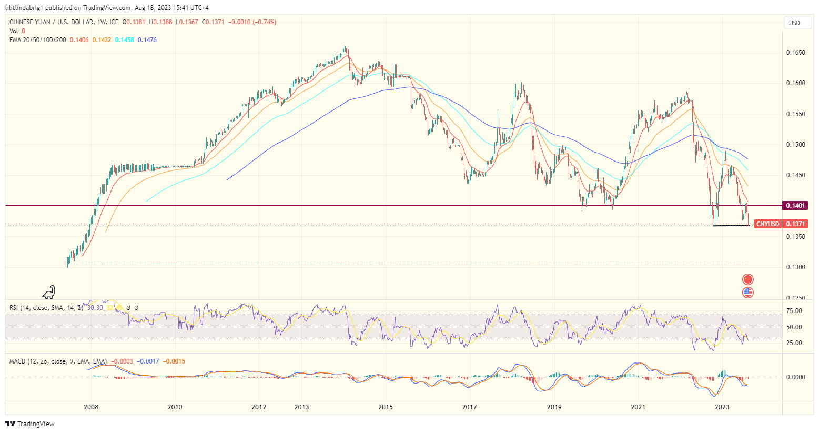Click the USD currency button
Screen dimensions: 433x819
tap(794, 23)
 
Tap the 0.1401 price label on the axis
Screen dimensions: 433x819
tap(795, 205)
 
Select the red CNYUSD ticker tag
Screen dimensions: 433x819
tap(767, 224)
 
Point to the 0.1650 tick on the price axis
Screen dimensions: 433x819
tap(795, 53)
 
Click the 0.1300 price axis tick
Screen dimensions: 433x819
tap(795, 267)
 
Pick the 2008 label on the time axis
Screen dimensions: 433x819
tap(91, 407)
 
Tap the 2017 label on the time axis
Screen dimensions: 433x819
tap(470, 407)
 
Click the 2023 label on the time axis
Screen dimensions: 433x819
tap(722, 407)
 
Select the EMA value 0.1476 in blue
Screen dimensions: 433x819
tap(147, 40)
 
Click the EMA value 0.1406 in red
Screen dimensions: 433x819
tap(79, 40)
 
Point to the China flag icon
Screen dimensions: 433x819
tap(747, 279)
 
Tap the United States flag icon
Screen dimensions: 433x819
tap(747, 293)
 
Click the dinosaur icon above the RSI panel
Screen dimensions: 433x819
tap(49, 292)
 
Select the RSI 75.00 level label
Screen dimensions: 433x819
tap(794, 311)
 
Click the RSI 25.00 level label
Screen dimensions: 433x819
tap(794, 343)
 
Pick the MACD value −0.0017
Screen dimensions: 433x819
tap(148, 361)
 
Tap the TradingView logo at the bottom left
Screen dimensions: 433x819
tap(30, 424)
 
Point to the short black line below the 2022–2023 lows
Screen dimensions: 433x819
tap(731, 226)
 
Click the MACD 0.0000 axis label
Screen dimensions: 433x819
tap(795, 377)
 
